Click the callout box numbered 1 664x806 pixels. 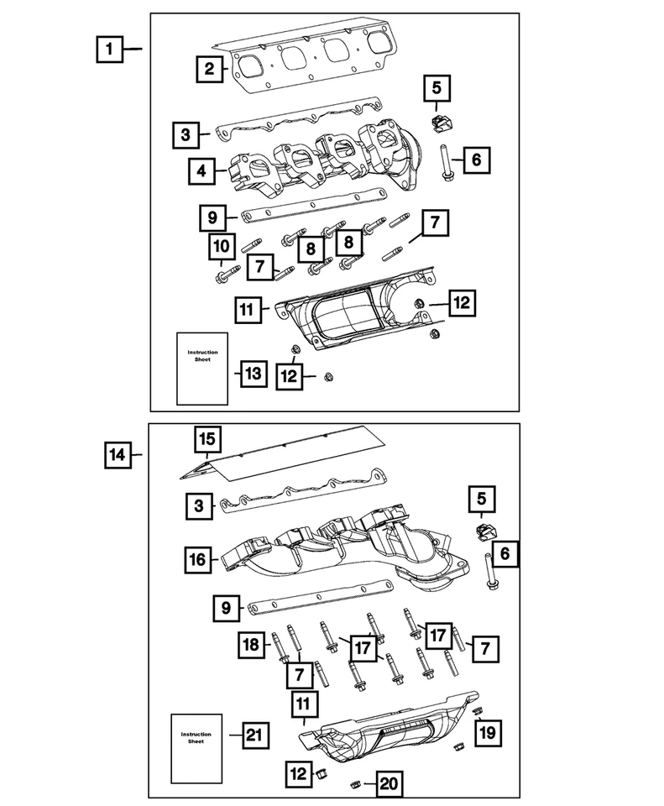107,50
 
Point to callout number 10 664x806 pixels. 221,247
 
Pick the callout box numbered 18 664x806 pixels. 250,645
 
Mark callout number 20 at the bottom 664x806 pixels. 386,785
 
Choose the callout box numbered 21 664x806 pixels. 254,735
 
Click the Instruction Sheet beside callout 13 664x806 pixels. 201,368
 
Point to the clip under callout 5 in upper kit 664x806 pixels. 438,123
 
